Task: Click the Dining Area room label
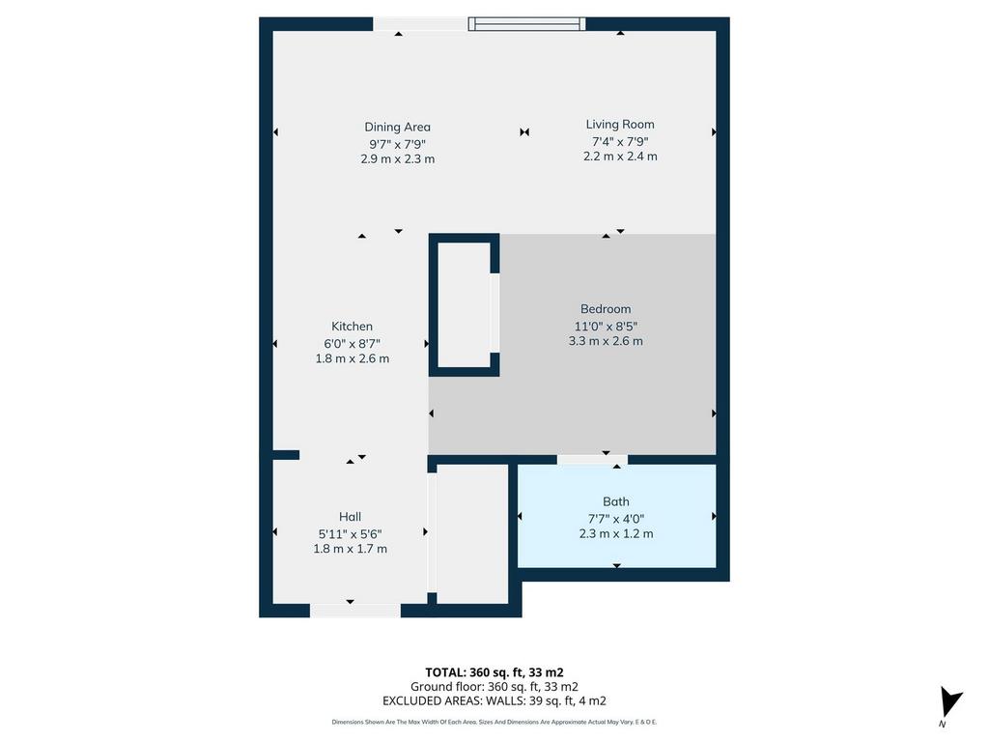coord(397,127)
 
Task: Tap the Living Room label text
coord(620,125)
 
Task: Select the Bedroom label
coord(606,308)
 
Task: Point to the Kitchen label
coord(352,327)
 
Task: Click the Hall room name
coord(350,517)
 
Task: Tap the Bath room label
coord(615,501)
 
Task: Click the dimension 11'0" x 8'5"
coord(606,327)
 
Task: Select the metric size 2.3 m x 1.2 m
coord(616,533)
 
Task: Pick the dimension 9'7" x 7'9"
coord(397,144)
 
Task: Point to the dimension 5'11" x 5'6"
coord(350,533)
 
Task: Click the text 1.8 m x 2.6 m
coord(353,358)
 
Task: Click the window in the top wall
coord(526,24)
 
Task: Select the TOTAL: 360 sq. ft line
coord(494,672)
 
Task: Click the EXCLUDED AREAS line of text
coord(494,701)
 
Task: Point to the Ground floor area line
coord(494,687)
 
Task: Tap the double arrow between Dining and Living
coord(524,131)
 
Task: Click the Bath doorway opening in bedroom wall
coord(592,459)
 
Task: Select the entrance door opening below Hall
coord(355,611)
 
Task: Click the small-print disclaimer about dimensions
coord(494,722)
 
